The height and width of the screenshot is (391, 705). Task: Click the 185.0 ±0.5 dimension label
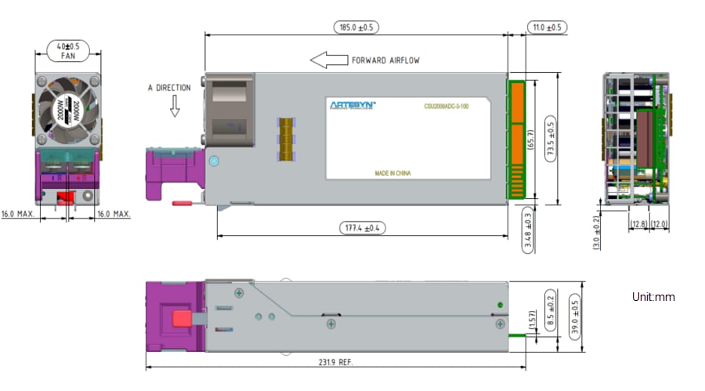356,27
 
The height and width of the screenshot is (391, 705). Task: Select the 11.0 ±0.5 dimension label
547,27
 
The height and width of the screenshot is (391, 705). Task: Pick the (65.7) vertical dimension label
531,139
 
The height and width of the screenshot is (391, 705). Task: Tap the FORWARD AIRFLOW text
385,60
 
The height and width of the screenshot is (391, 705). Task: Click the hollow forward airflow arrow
329,60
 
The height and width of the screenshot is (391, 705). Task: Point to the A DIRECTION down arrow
175,109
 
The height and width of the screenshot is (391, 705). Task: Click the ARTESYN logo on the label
352,104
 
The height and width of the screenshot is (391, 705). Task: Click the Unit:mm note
653,297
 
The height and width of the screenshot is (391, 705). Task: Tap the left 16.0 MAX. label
18,213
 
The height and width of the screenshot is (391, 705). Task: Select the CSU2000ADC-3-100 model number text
446,106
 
